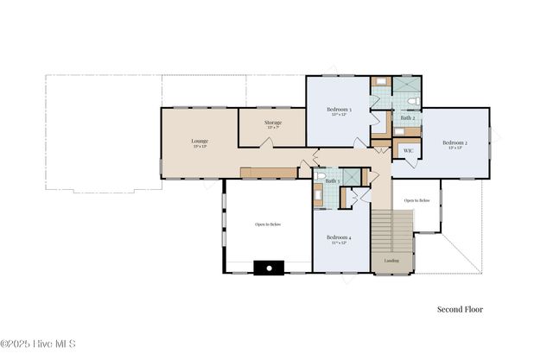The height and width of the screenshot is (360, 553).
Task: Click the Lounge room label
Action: pyautogui.click(x=200, y=141)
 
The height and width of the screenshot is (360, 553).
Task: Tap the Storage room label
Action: pyautogui.click(x=272, y=123)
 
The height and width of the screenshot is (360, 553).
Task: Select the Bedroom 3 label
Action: pyautogui.click(x=338, y=111)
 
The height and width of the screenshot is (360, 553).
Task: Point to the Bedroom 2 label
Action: pyautogui.click(x=454, y=143)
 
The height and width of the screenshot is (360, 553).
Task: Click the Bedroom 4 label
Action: pyautogui.click(x=338, y=237)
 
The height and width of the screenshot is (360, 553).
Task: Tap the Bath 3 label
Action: pyautogui.click(x=332, y=180)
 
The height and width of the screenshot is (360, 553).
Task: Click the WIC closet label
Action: pyautogui.click(x=408, y=150)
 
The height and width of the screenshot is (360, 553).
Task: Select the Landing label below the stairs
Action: pyautogui.click(x=391, y=260)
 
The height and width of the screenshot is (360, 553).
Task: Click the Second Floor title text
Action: pyautogui.click(x=460, y=309)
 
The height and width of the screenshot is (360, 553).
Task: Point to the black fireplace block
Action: pyautogui.click(x=269, y=268)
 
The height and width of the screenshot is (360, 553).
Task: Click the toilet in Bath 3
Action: pyautogui.click(x=321, y=176)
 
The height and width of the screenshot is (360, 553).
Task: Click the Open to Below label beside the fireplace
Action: pyautogui.click(x=268, y=224)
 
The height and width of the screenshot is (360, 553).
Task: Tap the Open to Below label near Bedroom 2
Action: pyautogui.click(x=416, y=199)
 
